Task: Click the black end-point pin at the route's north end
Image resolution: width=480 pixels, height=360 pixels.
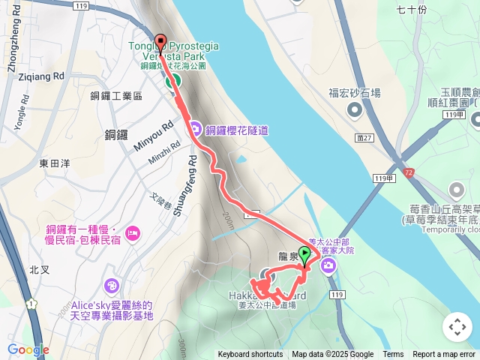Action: (160, 42)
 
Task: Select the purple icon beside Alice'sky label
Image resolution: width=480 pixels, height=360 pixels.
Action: (112, 286)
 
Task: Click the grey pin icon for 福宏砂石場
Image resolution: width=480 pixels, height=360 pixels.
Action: (355, 110)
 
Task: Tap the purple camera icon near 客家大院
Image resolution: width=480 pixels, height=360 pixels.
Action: (328, 266)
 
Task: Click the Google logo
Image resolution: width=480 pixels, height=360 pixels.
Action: (28, 349)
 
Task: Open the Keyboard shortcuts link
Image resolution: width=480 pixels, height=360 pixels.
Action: (250, 355)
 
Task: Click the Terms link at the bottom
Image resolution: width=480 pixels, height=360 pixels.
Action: (393, 355)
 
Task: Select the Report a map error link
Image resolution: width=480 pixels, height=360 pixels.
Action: (445, 355)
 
